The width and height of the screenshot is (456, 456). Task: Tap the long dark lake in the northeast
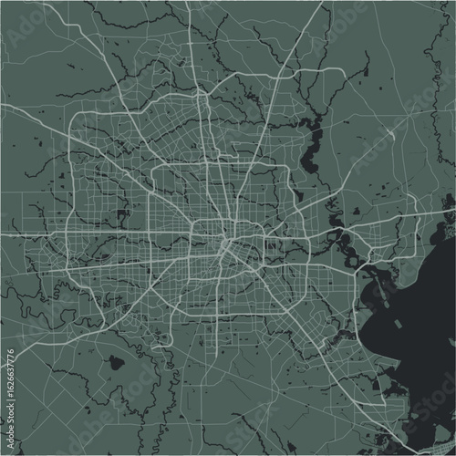click(x=316, y=146)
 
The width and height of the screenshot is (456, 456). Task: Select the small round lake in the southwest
click(x=116, y=362)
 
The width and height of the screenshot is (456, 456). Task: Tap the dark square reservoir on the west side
click(x=121, y=217)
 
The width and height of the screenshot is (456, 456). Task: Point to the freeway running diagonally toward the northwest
click(x=137, y=169)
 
